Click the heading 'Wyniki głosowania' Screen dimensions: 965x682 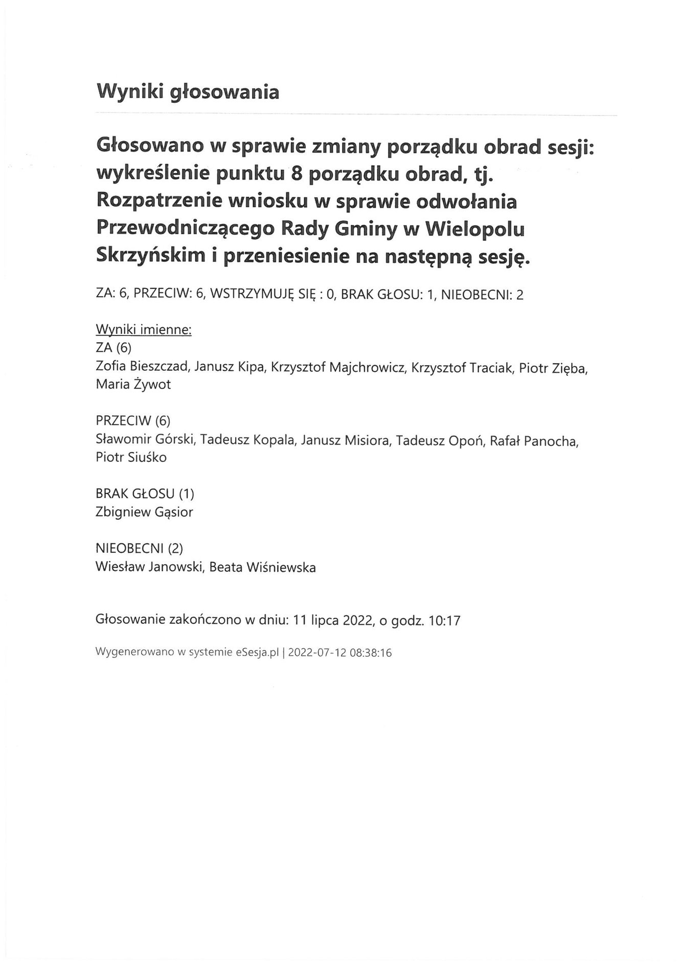pos(188,92)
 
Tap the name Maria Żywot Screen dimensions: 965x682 pos(133,385)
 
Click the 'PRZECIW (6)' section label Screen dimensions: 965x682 pos(133,421)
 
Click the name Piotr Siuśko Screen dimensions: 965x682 pos(131,458)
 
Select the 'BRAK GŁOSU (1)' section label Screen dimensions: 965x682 pos(145,494)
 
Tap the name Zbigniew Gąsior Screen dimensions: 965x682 pos(144,512)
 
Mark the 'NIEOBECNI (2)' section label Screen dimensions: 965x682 pos(139,549)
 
